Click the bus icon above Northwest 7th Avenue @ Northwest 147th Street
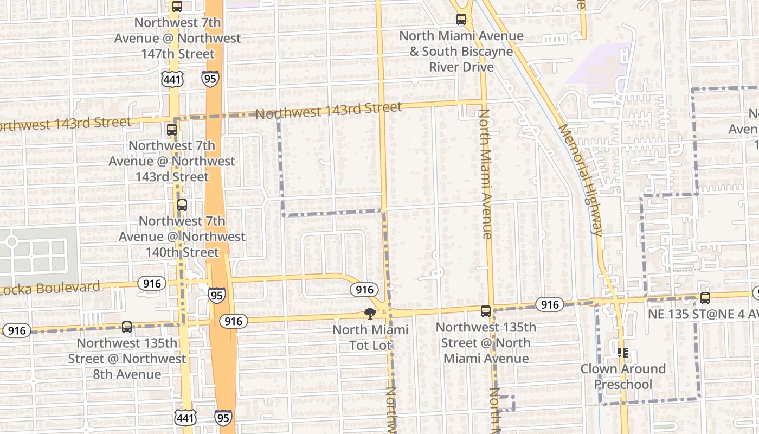177,7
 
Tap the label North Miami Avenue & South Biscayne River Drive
461,52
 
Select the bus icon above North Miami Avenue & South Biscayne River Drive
461,20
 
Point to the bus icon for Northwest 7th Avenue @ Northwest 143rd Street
172,130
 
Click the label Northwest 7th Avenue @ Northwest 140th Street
182,237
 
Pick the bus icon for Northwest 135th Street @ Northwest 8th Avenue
127,327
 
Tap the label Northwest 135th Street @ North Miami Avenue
486,343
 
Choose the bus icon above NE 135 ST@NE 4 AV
705,298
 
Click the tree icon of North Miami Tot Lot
370,313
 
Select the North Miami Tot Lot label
370,337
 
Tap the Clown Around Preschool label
623,376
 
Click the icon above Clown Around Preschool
623,353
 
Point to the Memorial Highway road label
580,180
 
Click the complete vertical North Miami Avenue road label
485,174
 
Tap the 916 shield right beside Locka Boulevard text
152,283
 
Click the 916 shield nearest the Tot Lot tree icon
363,290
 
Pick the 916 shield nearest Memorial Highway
550,304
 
